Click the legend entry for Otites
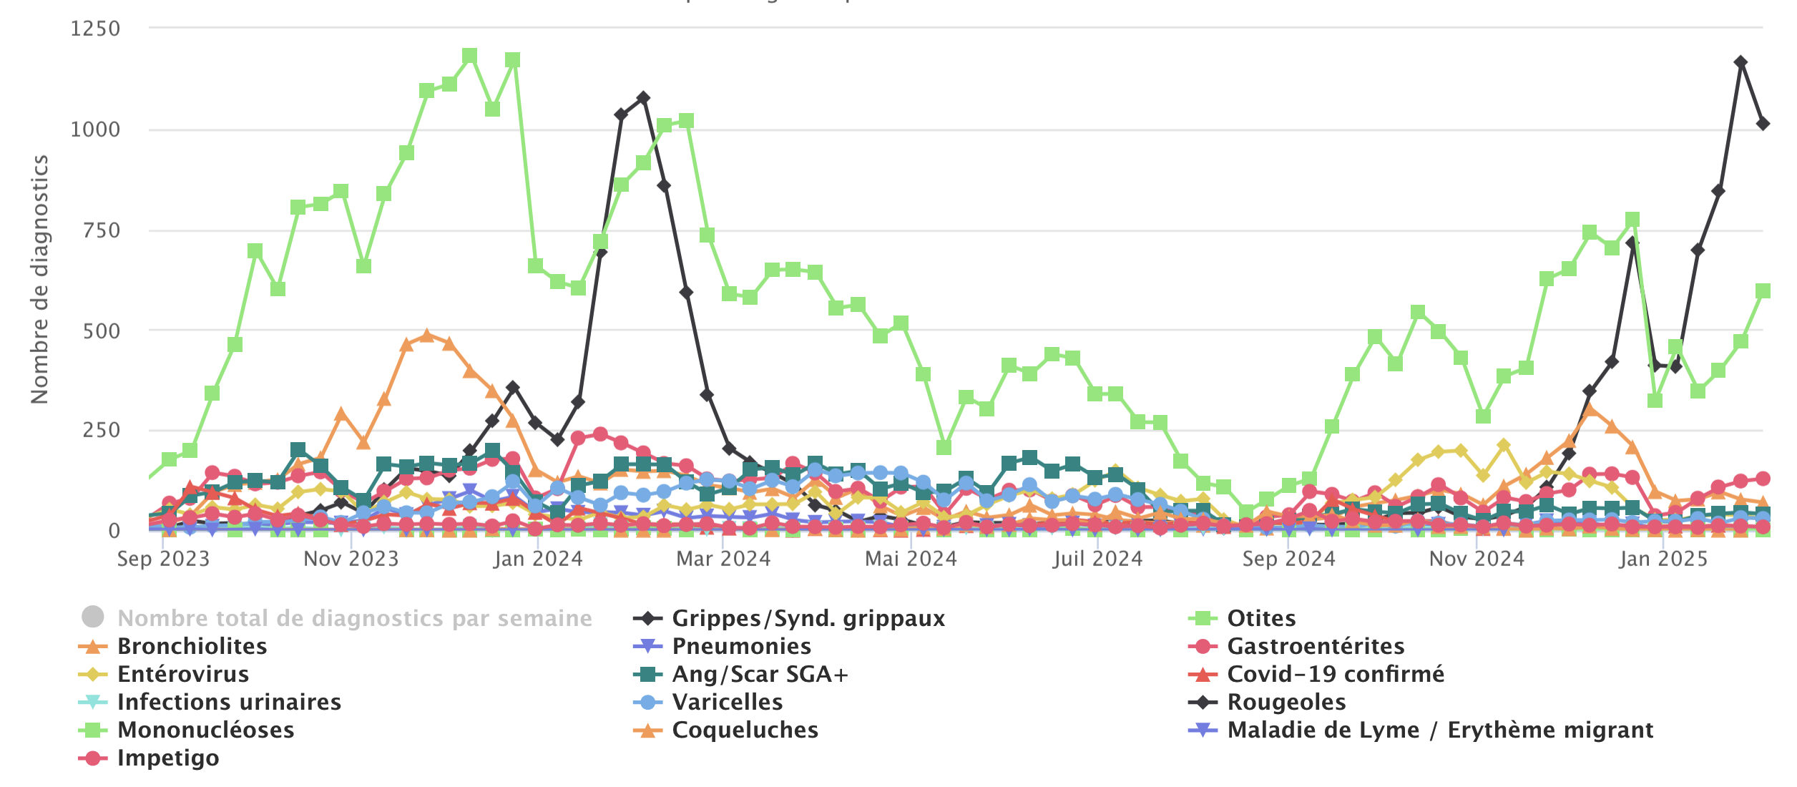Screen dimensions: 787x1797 [1260, 618]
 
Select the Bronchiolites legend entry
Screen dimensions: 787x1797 [192, 646]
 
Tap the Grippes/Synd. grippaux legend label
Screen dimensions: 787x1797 [808, 618]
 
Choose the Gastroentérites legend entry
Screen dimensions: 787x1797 [1315, 646]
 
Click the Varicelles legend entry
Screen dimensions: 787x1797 [727, 702]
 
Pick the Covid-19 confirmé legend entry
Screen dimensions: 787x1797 [1335, 674]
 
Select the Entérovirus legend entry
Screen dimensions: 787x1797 [183, 674]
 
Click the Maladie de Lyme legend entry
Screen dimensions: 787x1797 [1439, 730]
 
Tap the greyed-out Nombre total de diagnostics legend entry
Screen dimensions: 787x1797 [354, 618]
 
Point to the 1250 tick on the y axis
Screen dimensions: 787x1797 [95, 29]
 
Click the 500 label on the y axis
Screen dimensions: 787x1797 [101, 331]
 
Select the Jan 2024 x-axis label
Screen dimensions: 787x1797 [538, 559]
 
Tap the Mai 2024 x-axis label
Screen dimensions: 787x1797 [911, 559]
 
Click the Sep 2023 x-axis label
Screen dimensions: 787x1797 [163, 559]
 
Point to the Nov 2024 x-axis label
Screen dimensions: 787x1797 [1477, 559]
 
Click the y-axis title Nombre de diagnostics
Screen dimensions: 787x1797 [39, 279]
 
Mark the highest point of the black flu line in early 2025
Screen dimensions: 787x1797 [1740, 63]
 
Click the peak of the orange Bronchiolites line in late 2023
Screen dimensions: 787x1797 [427, 336]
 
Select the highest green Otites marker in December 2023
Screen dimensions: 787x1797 [470, 57]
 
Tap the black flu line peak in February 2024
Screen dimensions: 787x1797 [643, 98]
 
